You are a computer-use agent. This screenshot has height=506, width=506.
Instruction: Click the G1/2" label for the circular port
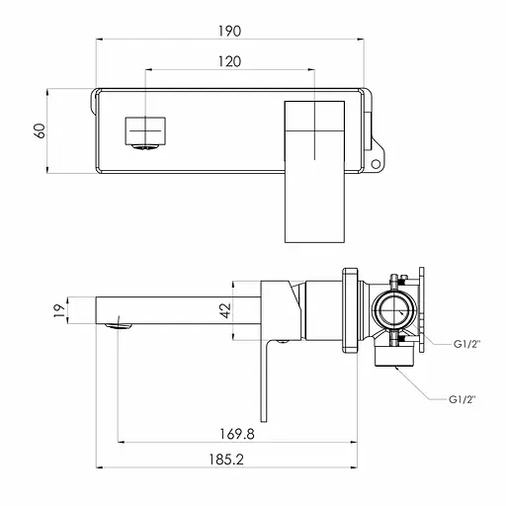pyautogui.click(x=465, y=343)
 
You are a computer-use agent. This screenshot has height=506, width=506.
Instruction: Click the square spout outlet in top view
pyautogui.click(x=143, y=129)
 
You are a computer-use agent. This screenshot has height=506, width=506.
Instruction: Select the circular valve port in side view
pyautogui.click(x=395, y=314)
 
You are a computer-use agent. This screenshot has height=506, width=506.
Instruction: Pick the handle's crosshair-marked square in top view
pyautogui.click(x=314, y=129)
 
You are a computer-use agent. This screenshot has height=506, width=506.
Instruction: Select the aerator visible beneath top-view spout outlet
pyautogui.click(x=144, y=149)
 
